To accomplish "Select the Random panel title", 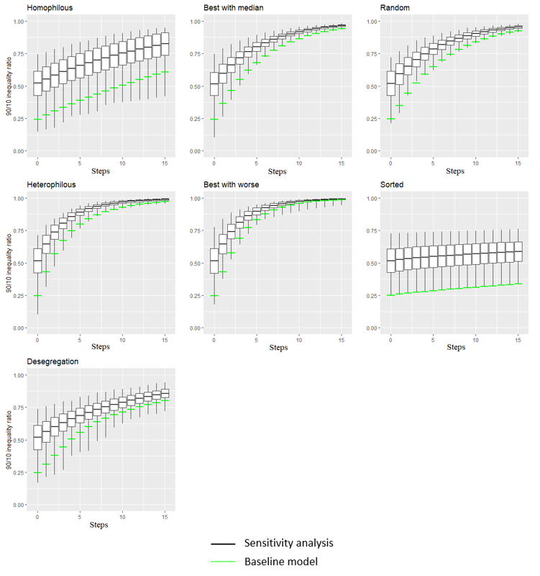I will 395,8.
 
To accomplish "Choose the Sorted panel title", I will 391,185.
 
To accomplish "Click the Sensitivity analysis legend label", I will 288,543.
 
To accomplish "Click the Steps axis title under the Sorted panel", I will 455,348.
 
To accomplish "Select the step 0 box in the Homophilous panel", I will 37,84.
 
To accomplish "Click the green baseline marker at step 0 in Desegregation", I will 37,472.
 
